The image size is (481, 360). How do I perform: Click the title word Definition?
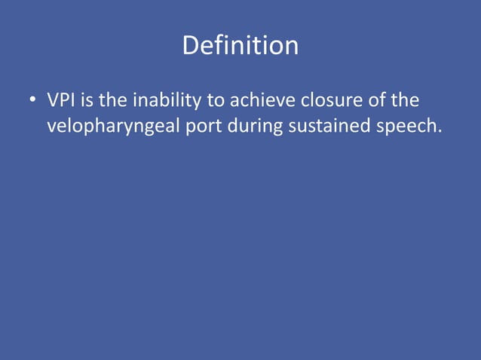(x=240, y=47)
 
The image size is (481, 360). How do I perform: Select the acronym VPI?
(x=65, y=101)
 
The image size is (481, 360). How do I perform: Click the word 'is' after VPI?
(x=96, y=101)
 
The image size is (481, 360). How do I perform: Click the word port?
(x=207, y=127)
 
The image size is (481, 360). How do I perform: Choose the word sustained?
(x=329, y=127)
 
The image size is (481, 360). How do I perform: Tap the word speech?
(x=406, y=127)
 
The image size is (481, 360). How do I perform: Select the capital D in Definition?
(x=190, y=47)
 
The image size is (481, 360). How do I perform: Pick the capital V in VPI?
(x=54, y=101)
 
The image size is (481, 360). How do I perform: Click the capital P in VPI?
(x=66, y=101)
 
